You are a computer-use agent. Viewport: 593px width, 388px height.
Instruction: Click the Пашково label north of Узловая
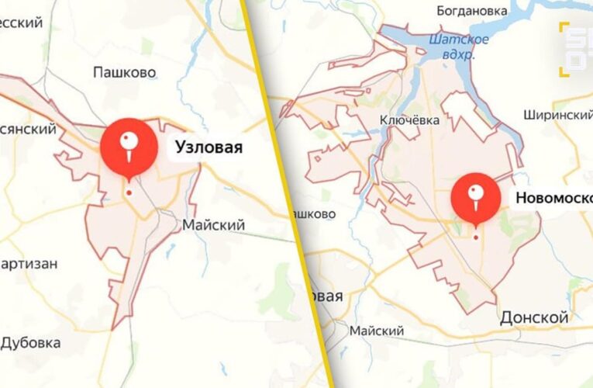[124, 72]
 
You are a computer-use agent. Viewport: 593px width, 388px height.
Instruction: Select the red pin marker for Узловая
[129, 144]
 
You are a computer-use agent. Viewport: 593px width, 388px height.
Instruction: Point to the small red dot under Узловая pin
[129, 192]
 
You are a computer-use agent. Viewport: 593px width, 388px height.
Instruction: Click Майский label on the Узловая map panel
[213, 225]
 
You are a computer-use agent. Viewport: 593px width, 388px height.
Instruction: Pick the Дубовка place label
[31, 342]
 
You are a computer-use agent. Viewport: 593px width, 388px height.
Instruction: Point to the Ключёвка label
[409, 120]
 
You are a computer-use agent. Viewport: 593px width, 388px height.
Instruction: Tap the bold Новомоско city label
[552, 198]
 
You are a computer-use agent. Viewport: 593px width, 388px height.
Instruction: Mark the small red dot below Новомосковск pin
[476, 237]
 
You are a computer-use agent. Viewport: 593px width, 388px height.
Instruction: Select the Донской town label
[534, 317]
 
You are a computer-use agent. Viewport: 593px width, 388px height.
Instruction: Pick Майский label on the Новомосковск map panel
[377, 331]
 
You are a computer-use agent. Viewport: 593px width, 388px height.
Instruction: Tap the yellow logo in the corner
[574, 45]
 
